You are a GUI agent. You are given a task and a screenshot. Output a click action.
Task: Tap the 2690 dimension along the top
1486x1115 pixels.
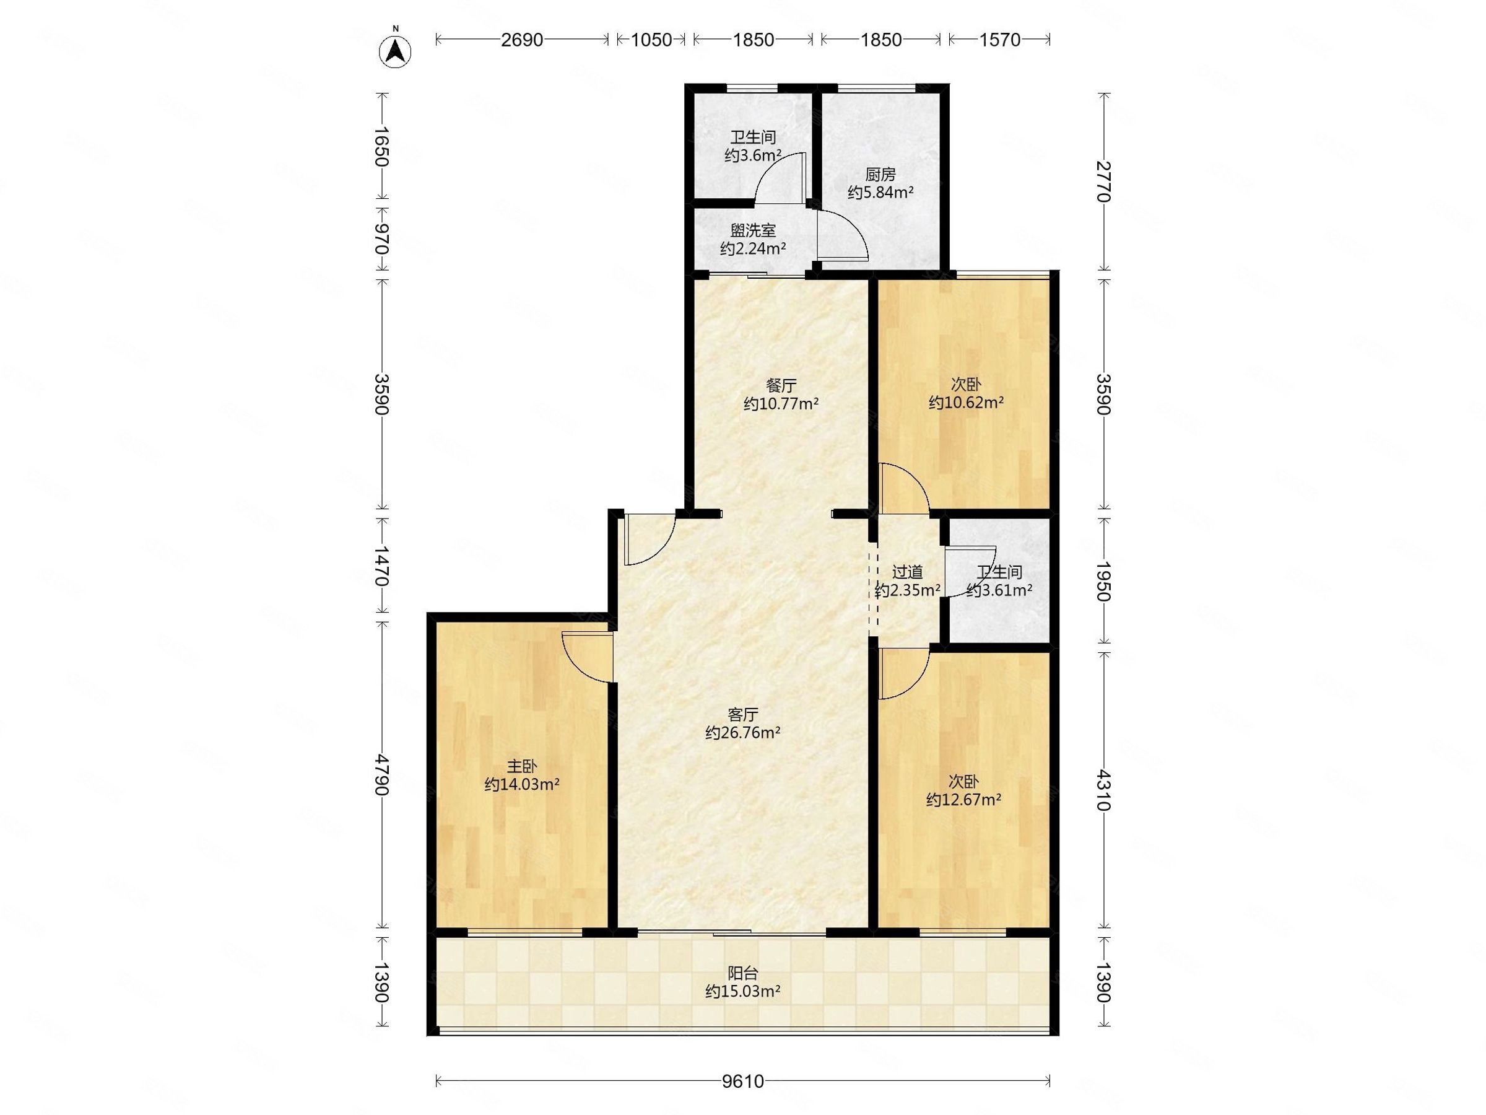tap(522, 40)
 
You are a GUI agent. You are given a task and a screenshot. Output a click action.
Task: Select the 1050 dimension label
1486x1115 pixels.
tap(651, 40)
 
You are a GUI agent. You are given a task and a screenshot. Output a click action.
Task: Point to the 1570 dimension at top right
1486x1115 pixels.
tap(999, 40)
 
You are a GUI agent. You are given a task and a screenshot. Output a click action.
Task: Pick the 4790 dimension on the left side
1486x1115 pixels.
tap(381, 775)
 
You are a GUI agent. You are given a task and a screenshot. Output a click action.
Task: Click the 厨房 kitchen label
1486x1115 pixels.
tap(880, 175)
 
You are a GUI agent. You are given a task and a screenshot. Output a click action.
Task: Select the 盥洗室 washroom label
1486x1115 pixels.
tap(753, 230)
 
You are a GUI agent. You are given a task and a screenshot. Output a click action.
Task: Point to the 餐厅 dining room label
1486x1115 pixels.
tap(781, 386)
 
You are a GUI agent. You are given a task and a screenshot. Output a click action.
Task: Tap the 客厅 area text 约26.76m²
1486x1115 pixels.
tap(743, 733)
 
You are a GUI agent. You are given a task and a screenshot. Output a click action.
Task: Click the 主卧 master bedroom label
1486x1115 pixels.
tap(522, 766)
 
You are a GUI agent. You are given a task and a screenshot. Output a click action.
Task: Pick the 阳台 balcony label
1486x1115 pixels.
tap(743, 973)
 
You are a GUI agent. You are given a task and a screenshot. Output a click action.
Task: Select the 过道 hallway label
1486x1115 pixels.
tap(907, 572)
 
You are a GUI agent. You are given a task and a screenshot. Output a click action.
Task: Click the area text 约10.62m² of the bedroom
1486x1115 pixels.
tap(966, 403)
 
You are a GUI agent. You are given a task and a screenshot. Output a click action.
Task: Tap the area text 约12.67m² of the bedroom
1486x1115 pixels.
tap(964, 799)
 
